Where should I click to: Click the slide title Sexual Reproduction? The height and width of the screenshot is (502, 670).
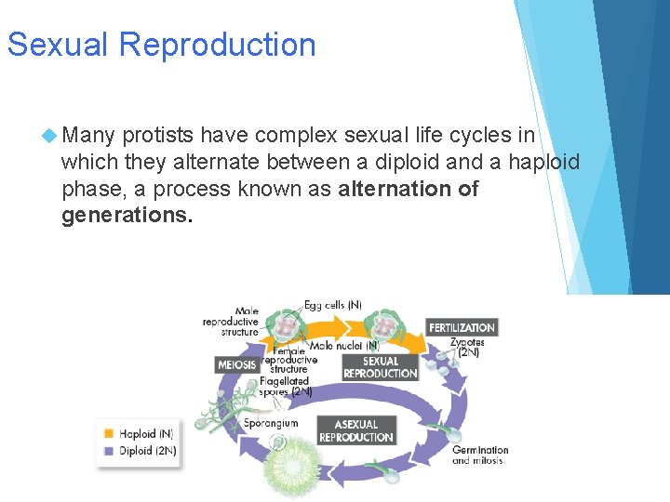(x=161, y=45)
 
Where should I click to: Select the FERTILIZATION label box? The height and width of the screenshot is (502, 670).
(x=462, y=327)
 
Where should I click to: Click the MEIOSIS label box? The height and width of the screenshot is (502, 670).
(x=237, y=365)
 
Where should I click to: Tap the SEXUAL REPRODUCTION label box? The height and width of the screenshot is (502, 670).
(x=380, y=367)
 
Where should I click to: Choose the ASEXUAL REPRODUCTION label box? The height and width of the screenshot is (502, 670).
(x=356, y=431)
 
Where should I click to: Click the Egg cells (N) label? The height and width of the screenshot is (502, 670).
(x=332, y=305)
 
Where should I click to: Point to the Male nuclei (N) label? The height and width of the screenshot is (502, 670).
(x=344, y=345)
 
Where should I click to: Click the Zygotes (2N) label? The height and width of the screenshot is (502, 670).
(x=466, y=348)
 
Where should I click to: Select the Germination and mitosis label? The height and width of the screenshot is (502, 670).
(x=480, y=456)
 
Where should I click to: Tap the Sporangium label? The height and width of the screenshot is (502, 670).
(x=271, y=423)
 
